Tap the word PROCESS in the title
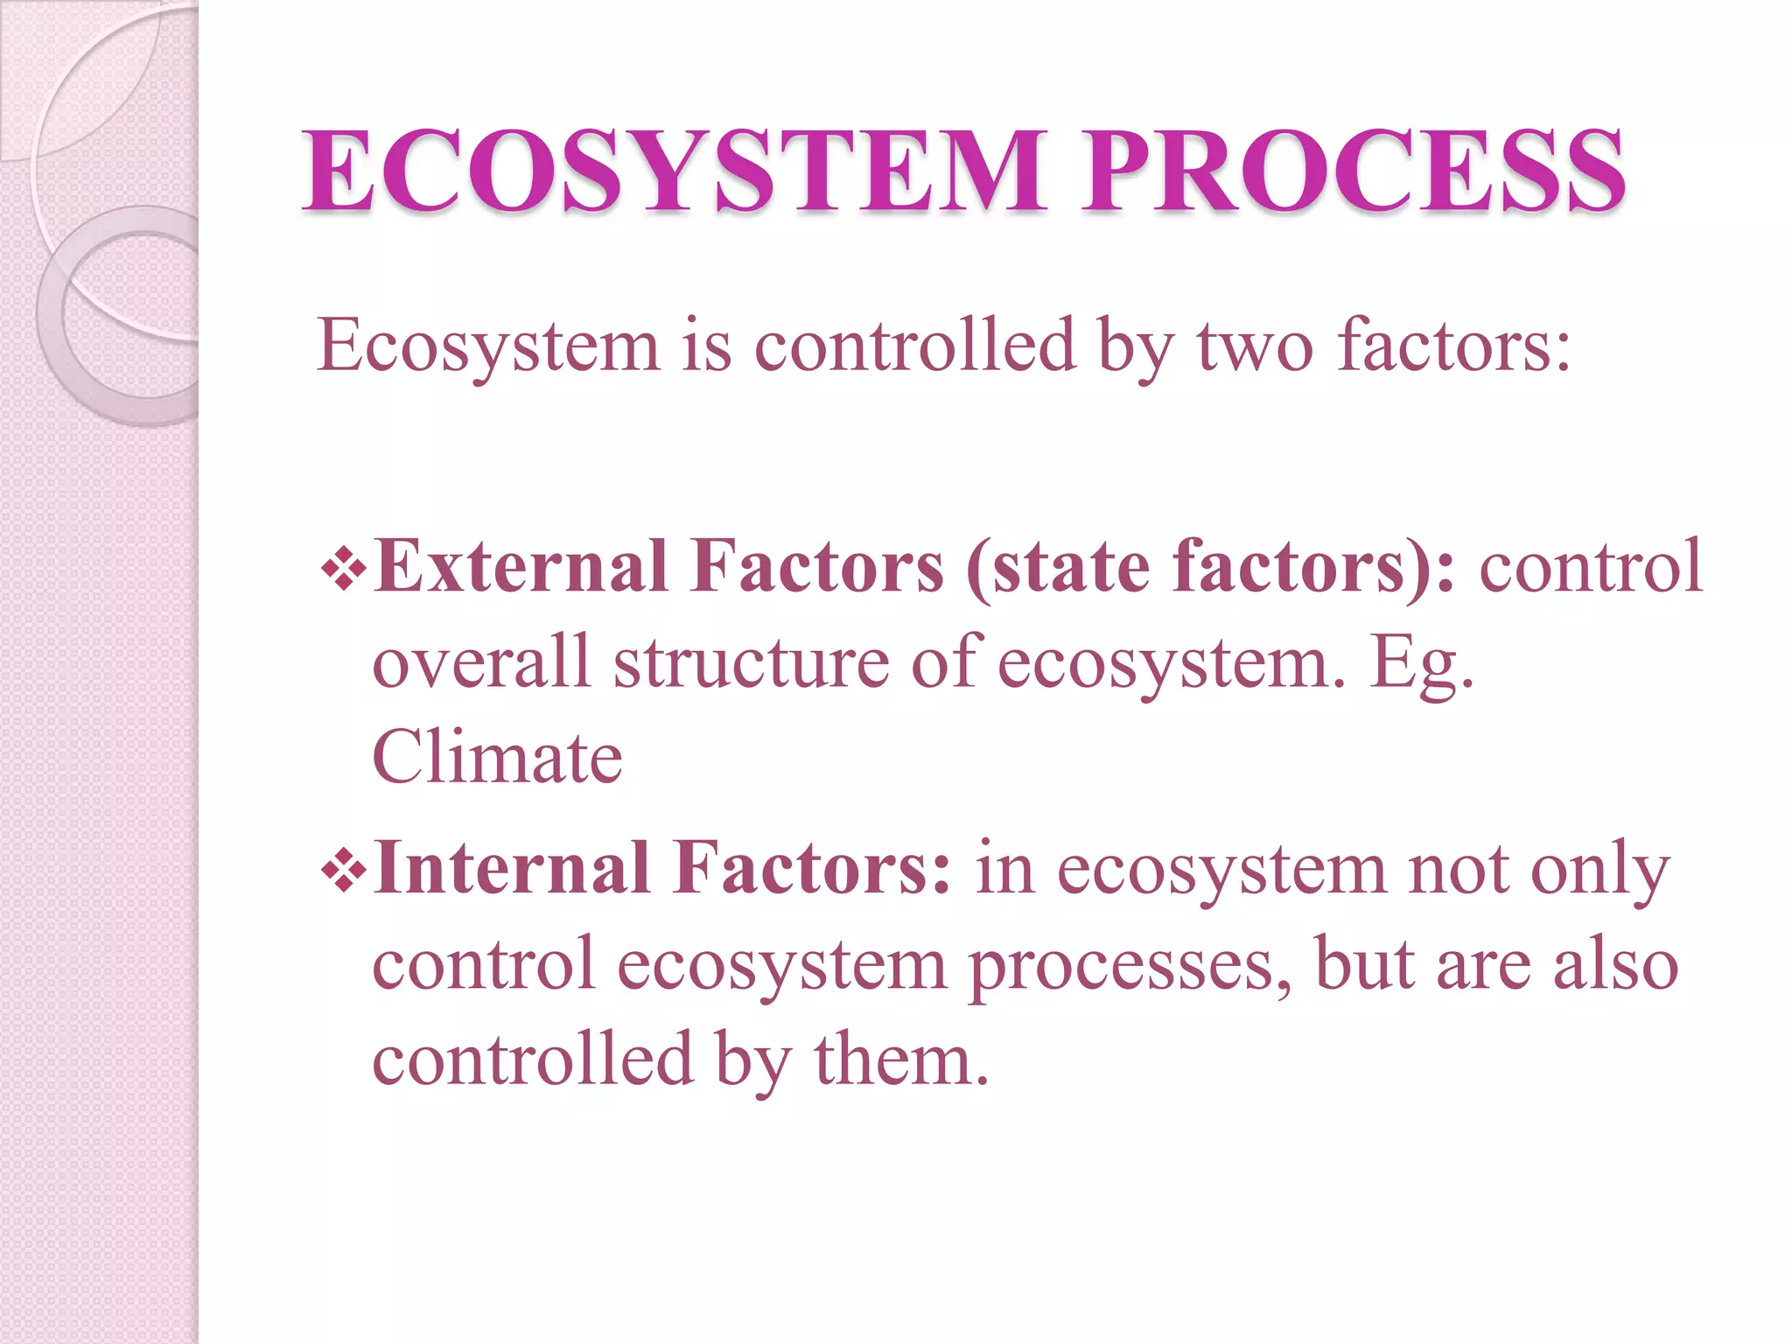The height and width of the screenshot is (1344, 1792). (x=1353, y=171)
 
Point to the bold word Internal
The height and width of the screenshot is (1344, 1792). (x=512, y=869)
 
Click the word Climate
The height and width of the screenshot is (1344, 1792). (x=497, y=758)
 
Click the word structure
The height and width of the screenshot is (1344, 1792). (x=751, y=662)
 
